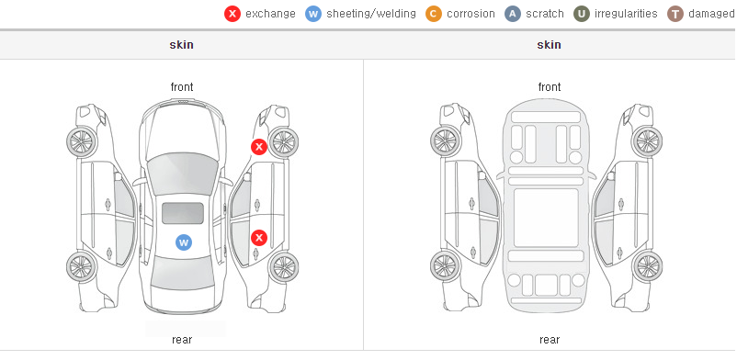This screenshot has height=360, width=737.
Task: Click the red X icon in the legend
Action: [x=232, y=14]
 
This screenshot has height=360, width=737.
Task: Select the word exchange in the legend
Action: [x=270, y=14]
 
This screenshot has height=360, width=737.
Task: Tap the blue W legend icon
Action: [x=313, y=14]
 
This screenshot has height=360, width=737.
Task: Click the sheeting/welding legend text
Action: [x=371, y=14]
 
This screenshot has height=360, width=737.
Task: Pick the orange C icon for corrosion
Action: [x=434, y=14]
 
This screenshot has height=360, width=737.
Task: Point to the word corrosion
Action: [x=471, y=14]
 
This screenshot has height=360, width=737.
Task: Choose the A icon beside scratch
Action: [x=513, y=14]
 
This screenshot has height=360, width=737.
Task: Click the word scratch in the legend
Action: [x=545, y=14]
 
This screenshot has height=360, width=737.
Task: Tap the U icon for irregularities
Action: [x=582, y=14]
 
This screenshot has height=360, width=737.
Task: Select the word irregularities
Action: [x=626, y=14]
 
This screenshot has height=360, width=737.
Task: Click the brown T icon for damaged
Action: [x=675, y=14]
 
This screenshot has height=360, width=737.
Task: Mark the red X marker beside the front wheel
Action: [x=258, y=147]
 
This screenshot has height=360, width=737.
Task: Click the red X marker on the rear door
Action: [x=258, y=238]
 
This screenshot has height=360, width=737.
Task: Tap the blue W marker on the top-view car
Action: [x=184, y=242]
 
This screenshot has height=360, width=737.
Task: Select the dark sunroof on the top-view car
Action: [x=183, y=213]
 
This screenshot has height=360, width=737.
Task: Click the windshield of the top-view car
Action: [x=182, y=174]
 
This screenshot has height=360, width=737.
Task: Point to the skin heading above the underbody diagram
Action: [x=549, y=45]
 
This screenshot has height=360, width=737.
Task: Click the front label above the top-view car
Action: [x=181, y=87]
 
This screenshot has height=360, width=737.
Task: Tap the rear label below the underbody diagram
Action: [x=549, y=340]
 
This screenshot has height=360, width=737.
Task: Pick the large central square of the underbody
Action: [x=546, y=218]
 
